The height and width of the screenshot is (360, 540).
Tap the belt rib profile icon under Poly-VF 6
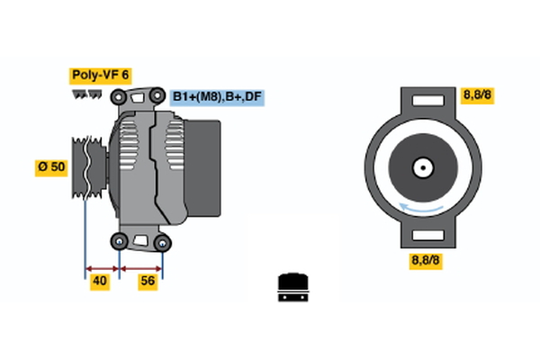[x=87, y=93]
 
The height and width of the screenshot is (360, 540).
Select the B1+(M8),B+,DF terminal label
[x=218, y=96]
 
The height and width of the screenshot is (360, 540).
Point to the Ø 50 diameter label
[x=51, y=166]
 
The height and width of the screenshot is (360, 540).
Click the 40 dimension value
[x=100, y=282]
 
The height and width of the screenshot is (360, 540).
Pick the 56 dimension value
[x=148, y=282]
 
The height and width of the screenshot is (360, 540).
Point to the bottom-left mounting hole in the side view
[x=120, y=241]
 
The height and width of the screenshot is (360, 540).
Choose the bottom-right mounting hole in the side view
[x=162, y=242]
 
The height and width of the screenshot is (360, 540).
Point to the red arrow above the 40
[x=102, y=267]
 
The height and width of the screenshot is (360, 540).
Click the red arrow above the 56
[x=141, y=267]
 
